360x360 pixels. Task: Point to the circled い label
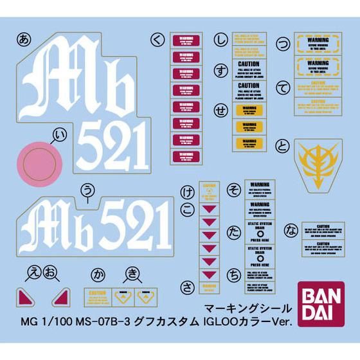[x=61, y=135]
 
